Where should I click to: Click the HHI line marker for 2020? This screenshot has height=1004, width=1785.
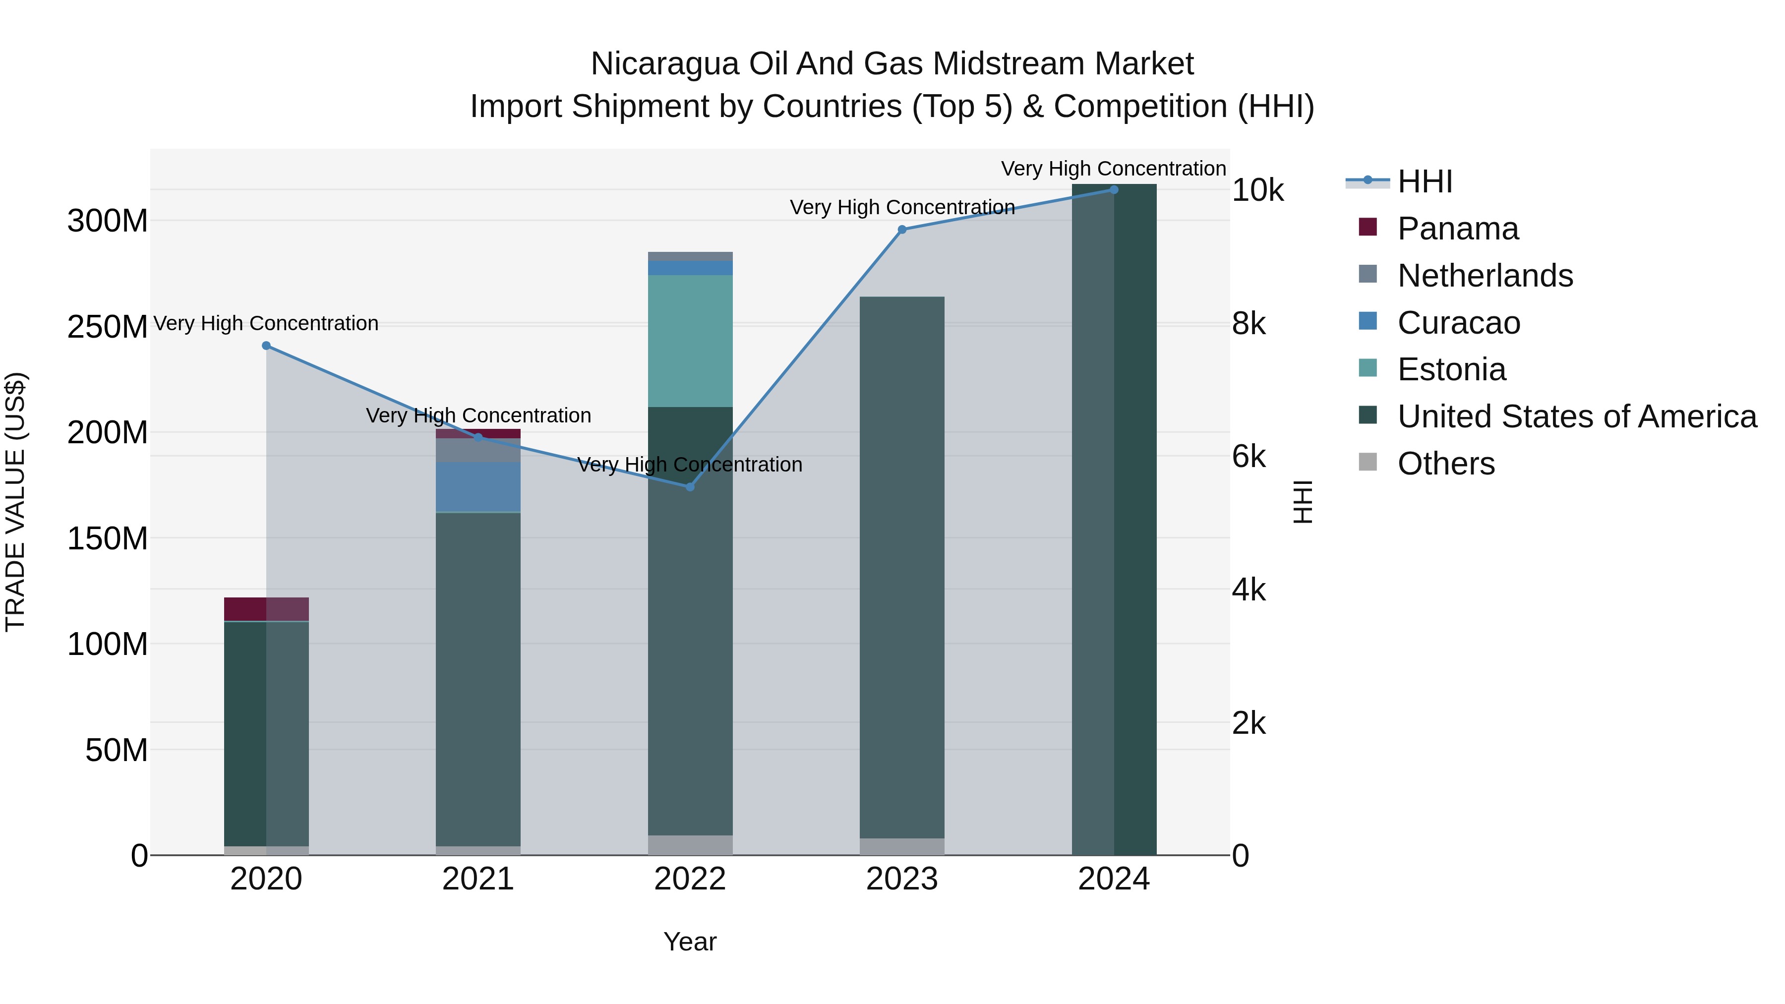[x=266, y=346]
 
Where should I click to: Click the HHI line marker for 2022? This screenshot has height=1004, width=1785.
[x=690, y=487]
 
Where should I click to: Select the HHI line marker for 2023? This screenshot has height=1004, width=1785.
[x=902, y=230]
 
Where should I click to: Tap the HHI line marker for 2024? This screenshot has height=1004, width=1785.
[x=1114, y=190]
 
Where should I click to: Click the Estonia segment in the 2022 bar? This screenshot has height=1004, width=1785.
[x=690, y=341]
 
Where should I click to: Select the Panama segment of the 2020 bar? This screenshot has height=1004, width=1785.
[x=266, y=609]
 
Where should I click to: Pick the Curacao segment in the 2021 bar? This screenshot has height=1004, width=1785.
[x=478, y=486]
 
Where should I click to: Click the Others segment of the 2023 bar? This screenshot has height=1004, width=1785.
[x=902, y=847]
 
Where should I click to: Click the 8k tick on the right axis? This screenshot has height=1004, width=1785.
[x=1249, y=324]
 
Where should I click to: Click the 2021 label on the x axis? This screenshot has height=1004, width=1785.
[x=478, y=879]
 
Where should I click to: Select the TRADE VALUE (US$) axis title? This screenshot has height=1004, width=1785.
[x=15, y=502]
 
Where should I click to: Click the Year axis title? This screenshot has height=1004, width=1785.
[x=690, y=942]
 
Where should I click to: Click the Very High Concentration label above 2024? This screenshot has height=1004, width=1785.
[x=1114, y=169]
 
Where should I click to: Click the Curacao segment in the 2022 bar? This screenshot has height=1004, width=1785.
[x=690, y=267]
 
